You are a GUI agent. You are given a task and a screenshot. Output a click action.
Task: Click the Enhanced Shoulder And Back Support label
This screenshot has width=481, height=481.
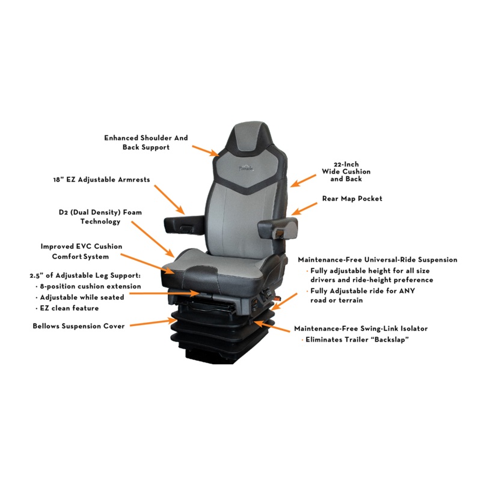pyautogui.click(x=146, y=142)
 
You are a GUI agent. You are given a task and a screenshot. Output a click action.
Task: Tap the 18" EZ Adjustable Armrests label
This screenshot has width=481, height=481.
pyautogui.click(x=102, y=179)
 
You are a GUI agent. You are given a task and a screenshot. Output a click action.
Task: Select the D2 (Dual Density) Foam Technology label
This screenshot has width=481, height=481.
pyautogui.click(x=100, y=216)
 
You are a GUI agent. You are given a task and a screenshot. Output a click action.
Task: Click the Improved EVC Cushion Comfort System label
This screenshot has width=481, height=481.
pyautogui.click(x=81, y=251)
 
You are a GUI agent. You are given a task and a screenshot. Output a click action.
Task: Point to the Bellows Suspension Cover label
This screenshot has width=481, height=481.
pyautogui.click(x=79, y=326)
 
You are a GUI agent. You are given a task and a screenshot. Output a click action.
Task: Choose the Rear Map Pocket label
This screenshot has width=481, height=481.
pyautogui.click(x=352, y=198)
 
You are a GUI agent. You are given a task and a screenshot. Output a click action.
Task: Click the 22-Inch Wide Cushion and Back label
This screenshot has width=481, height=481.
pyautogui.click(x=346, y=171)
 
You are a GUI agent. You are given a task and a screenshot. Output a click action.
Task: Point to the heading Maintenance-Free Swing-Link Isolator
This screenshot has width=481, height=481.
pyautogui.click(x=361, y=328)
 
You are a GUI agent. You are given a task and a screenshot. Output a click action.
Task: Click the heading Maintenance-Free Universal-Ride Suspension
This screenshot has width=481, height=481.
pyautogui.click(x=378, y=260)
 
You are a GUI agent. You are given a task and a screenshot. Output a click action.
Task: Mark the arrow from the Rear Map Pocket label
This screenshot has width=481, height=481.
pyautogui.click(x=304, y=209)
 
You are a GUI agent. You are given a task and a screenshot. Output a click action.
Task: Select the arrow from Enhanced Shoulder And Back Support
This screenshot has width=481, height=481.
pyautogui.click(x=206, y=151)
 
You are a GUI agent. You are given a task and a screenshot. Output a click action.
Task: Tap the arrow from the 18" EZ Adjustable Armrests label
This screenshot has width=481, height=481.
pyautogui.click(x=170, y=200)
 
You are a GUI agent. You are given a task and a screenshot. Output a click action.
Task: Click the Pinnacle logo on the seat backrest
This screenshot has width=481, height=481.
pyautogui.click(x=246, y=168)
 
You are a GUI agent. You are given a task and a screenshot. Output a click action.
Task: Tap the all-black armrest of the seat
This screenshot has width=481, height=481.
pyautogui.click(x=184, y=225)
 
